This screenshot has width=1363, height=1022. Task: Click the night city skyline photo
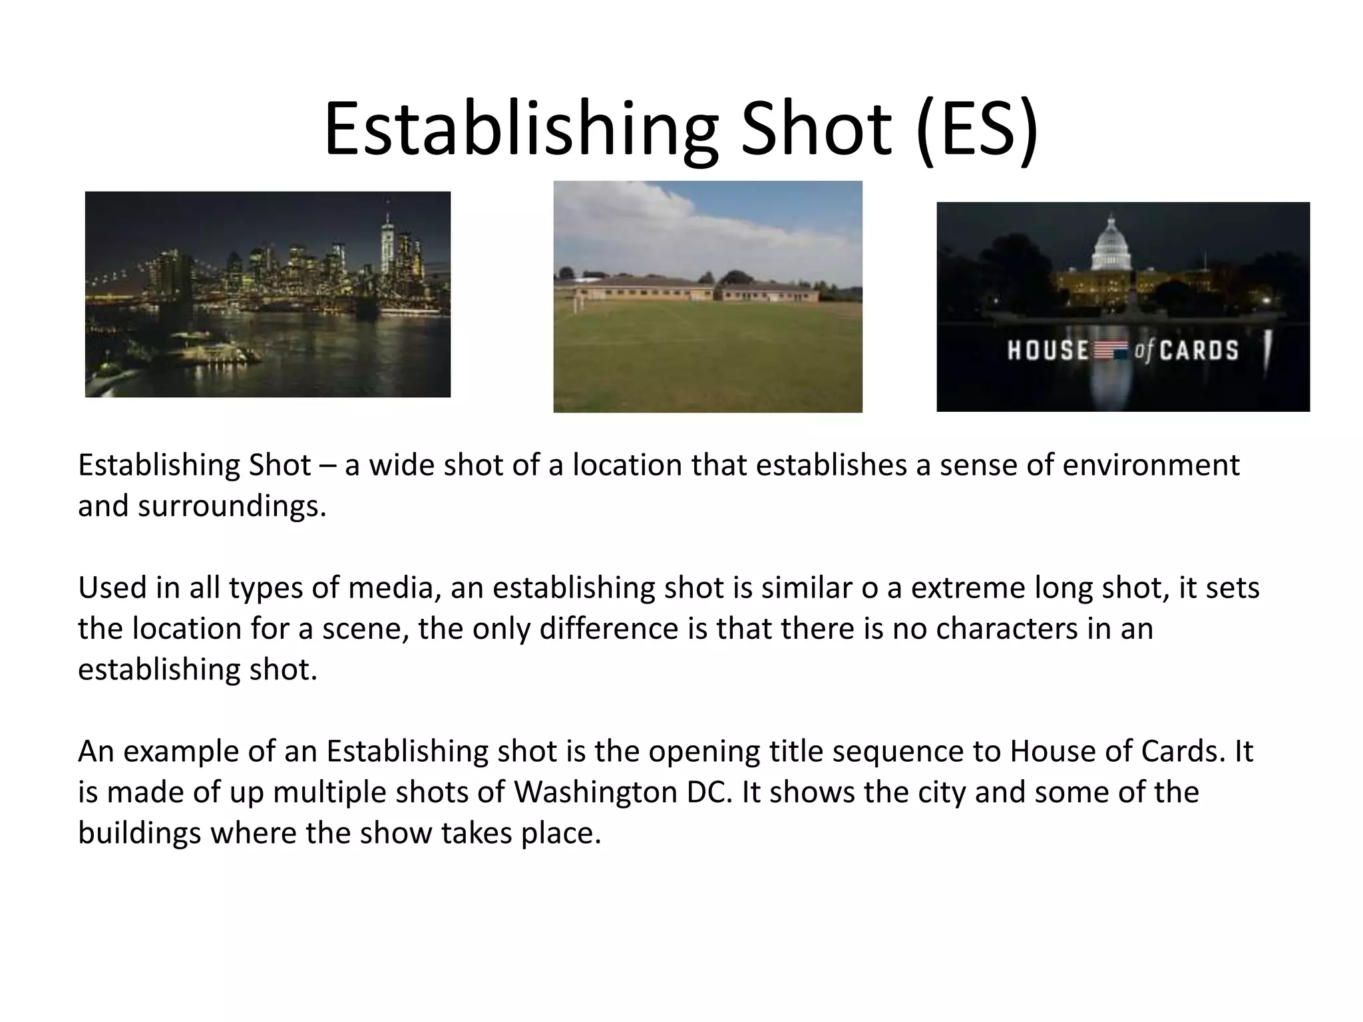tap(268, 294)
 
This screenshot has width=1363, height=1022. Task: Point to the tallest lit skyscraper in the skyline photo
tap(387, 246)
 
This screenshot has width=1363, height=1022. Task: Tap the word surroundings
tap(232, 506)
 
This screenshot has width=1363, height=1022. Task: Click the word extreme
tap(968, 588)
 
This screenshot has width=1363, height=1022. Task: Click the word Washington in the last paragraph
tap(586, 792)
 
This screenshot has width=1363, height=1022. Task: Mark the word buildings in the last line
tap(139, 833)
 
